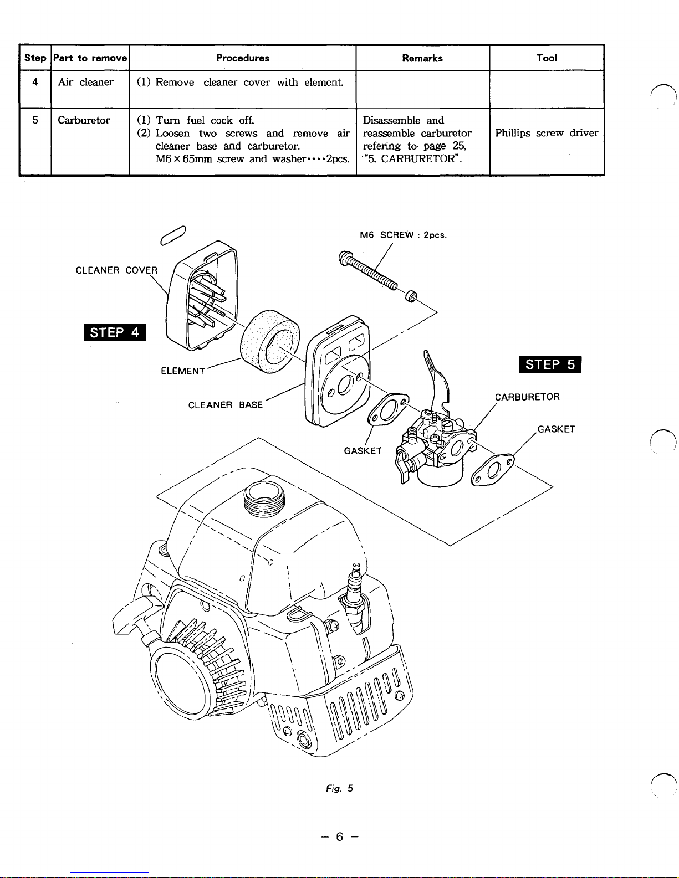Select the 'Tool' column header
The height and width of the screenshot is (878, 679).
tap(547, 58)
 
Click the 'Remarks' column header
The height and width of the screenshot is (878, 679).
tap(422, 58)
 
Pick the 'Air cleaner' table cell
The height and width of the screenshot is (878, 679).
tap(86, 83)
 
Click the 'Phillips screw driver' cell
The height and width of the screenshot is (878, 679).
tap(547, 133)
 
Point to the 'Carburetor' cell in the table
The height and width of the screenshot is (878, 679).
tap(84, 120)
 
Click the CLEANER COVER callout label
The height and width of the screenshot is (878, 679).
tap(116, 270)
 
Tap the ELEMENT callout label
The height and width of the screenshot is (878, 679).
tap(183, 371)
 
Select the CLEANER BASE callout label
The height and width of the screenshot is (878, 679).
tap(226, 405)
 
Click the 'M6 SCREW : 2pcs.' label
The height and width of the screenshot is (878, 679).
tap(403, 235)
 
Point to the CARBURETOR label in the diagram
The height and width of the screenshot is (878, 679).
tap(528, 397)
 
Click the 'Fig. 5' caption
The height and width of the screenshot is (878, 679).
tap(339, 788)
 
